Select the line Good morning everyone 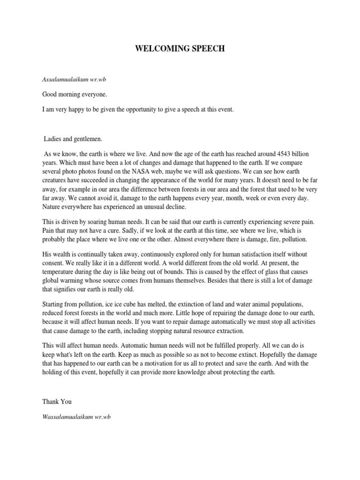(75, 94)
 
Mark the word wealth (63, 255)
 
